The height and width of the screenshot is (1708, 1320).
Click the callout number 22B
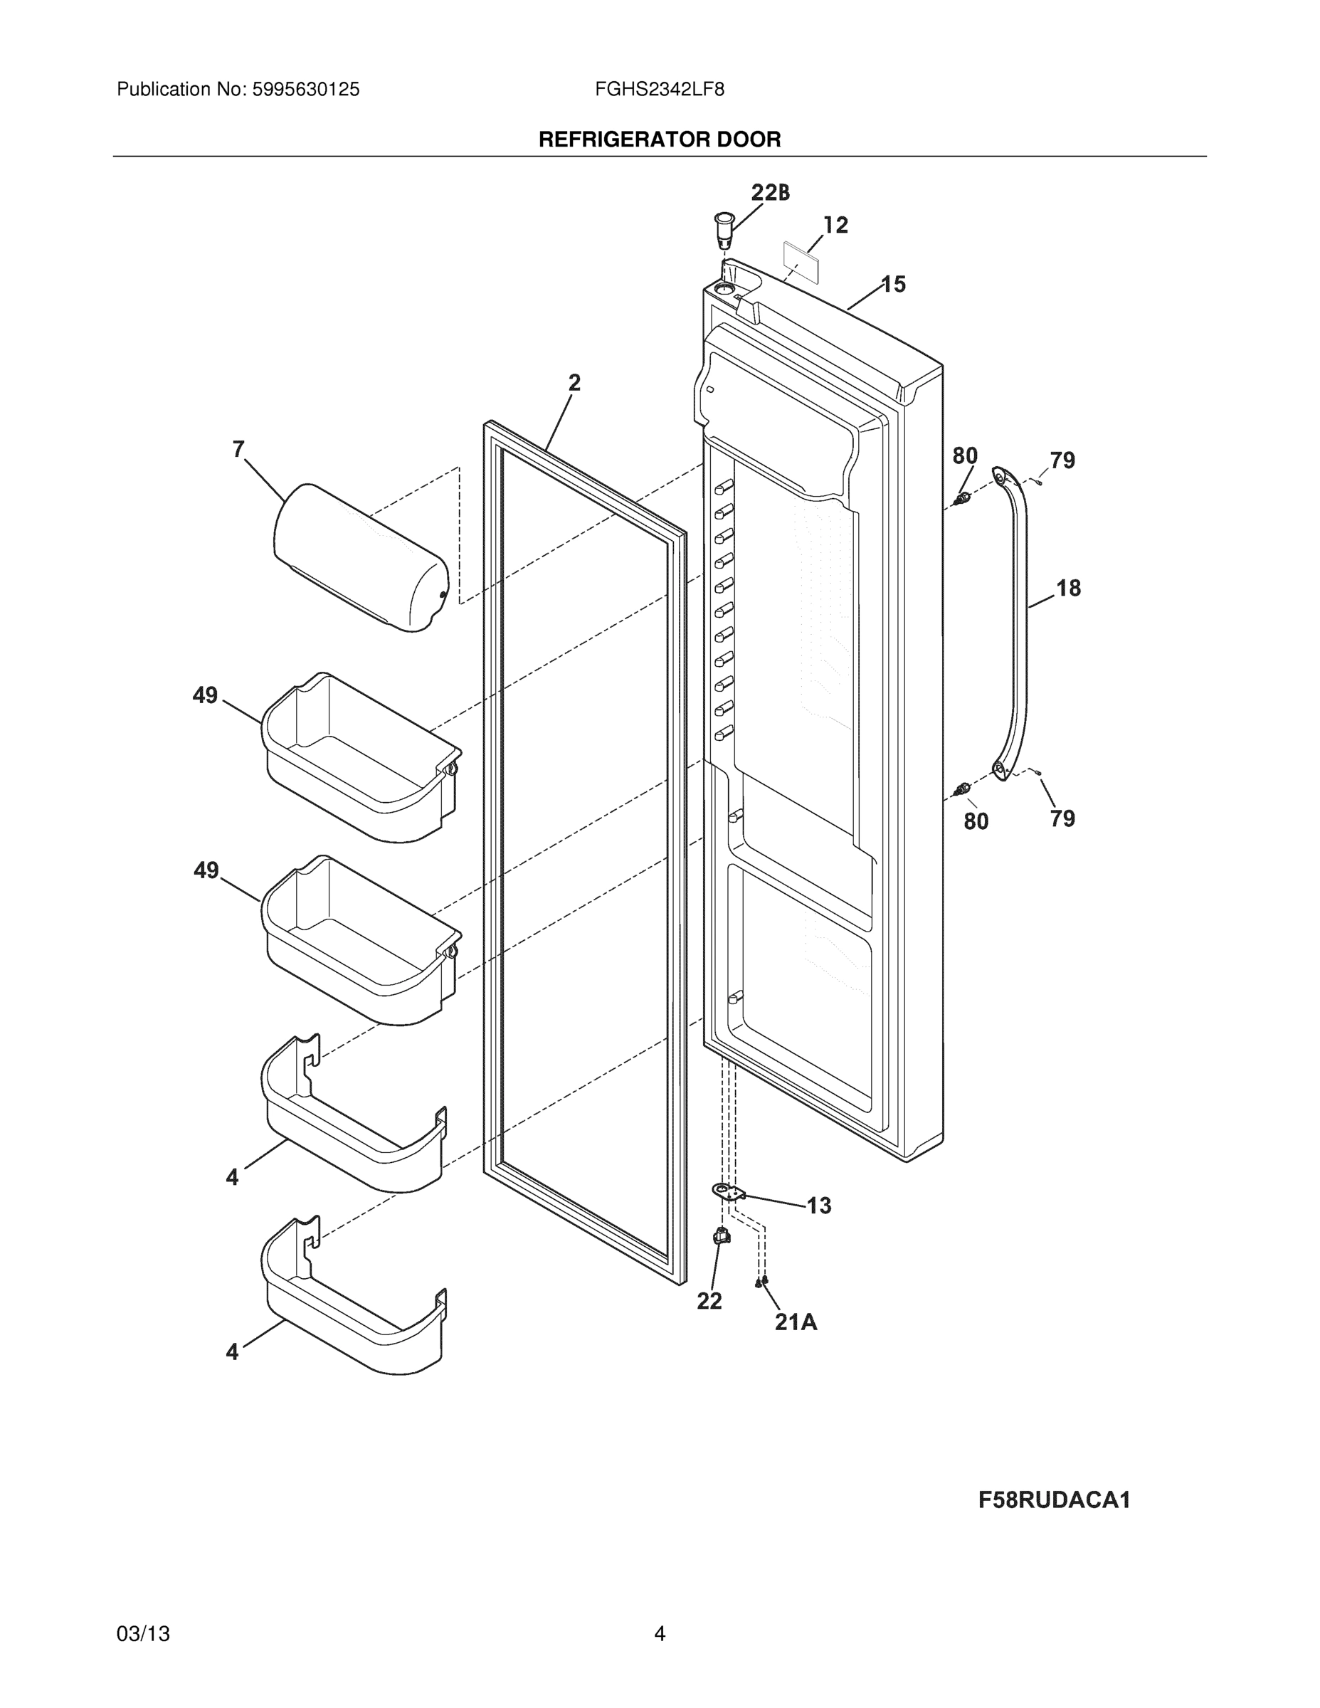(769, 192)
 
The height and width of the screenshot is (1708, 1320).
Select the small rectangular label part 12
(801, 260)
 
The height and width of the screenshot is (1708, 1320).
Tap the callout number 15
(893, 285)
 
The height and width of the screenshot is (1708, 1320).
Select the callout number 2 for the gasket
(574, 383)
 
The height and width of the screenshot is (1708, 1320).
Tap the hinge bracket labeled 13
(729, 1192)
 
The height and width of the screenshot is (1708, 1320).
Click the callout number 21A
(796, 1322)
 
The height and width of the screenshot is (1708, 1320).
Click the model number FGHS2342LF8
(659, 90)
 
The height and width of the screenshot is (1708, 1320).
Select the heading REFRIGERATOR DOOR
(659, 140)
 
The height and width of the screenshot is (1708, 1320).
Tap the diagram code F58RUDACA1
(1054, 1500)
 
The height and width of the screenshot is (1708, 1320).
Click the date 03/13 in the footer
(143, 1634)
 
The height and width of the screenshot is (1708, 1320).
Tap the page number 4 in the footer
(659, 1634)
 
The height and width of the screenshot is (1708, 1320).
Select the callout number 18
(1068, 588)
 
